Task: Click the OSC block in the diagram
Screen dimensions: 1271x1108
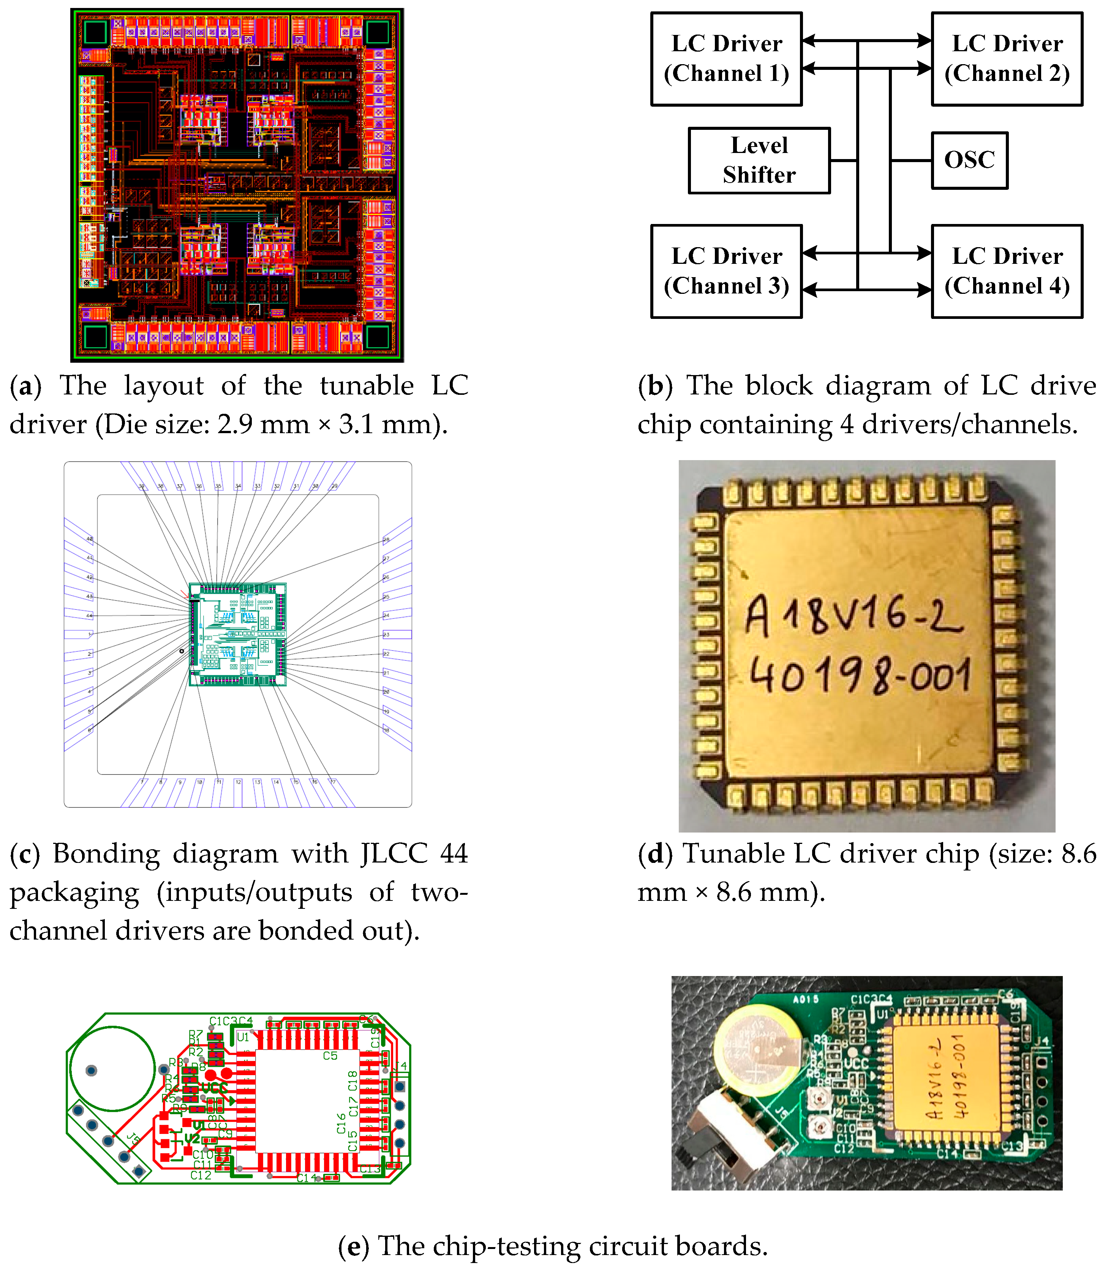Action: coord(969,160)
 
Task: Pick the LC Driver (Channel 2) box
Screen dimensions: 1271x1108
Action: coord(1007,59)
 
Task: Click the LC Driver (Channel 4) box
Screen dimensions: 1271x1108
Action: coord(1007,271)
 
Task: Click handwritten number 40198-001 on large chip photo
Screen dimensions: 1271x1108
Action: coord(860,676)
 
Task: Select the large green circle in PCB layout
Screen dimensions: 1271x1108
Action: coord(112,1069)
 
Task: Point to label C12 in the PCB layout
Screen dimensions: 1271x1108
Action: coord(201,1175)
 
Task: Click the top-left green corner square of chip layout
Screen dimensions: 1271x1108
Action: coord(95,33)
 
